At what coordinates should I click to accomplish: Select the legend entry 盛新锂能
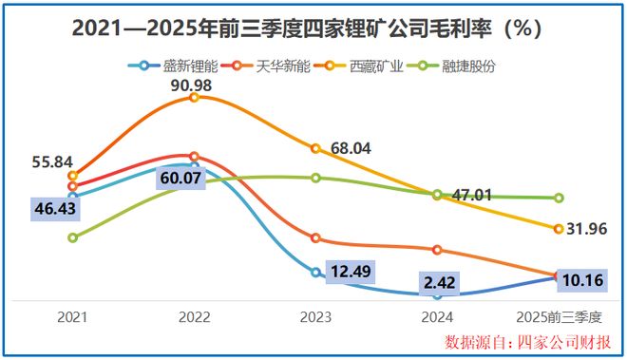coord(177,66)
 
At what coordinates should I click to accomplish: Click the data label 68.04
coord(351,149)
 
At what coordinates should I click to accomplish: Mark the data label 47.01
coord(469,194)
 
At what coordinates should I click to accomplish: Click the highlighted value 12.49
coord(353,272)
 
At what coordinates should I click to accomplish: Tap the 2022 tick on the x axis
coord(194,314)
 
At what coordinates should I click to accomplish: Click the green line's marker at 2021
coord(73,237)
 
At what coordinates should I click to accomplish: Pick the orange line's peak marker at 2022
coord(194,97)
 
